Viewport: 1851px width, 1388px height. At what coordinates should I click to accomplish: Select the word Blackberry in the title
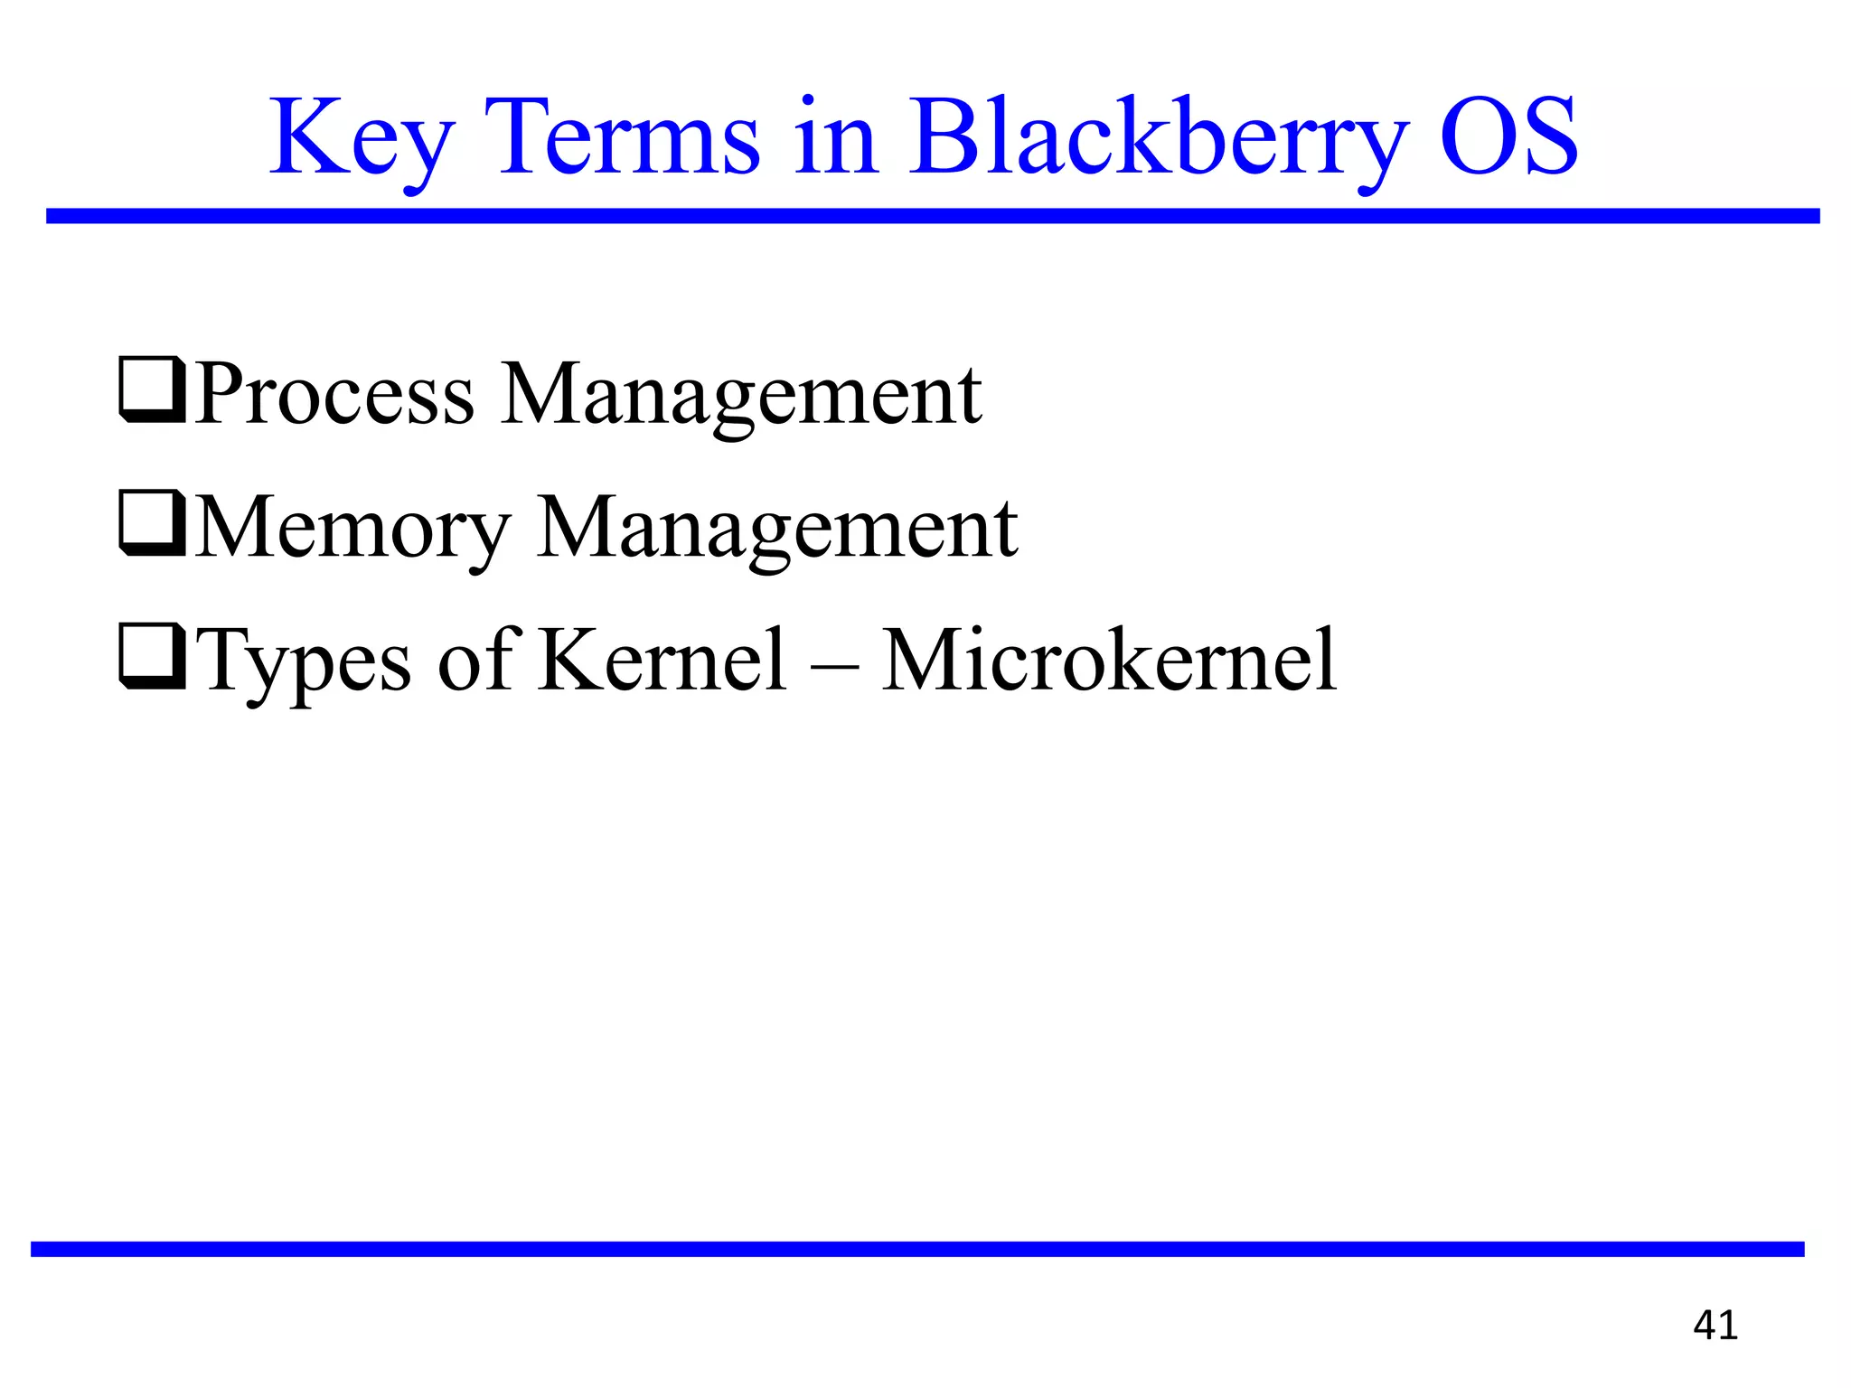click(x=1157, y=140)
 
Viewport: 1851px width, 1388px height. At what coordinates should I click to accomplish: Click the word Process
click(x=334, y=394)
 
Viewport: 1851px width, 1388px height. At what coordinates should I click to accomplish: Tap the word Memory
click(x=352, y=529)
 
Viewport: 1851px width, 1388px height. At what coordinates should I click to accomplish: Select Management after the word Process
click(x=741, y=396)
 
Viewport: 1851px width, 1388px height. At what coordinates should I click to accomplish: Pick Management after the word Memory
click(x=777, y=529)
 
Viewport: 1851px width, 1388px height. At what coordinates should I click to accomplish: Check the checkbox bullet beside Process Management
click(x=152, y=391)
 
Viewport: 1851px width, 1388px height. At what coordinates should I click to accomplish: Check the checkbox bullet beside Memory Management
click(x=152, y=525)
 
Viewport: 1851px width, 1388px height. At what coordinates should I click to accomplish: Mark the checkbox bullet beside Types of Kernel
click(x=152, y=658)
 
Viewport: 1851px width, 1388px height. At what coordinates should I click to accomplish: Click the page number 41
click(x=1715, y=1325)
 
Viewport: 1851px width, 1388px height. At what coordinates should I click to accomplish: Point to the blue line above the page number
click(x=917, y=1249)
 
